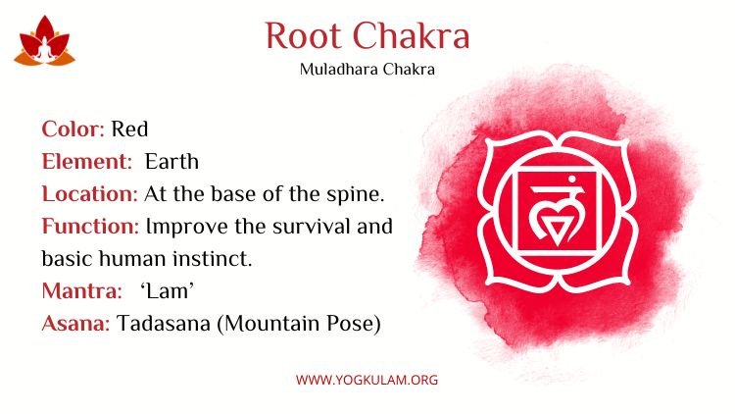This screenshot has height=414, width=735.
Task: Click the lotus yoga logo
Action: point(44,41)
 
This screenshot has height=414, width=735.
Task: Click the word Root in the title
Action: point(303,35)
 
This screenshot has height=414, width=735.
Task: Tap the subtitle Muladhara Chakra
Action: point(367,70)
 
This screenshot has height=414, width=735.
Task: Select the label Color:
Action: point(73,129)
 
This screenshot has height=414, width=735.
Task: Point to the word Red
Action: point(129,129)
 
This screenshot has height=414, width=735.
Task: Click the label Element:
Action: point(87,162)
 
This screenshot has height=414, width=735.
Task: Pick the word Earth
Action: point(171,162)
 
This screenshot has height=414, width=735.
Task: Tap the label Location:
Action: point(89,194)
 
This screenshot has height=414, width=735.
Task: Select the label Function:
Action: point(90,227)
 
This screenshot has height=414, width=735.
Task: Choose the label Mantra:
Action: point(81,291)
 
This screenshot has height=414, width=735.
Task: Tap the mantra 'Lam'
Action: point(167,291)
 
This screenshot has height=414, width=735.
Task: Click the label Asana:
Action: point(75,324)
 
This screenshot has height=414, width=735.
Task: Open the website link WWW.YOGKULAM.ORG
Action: point(367,380)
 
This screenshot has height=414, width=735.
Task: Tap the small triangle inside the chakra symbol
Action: point(558,231)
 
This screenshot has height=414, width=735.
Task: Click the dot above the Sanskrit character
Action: point(571,179)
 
